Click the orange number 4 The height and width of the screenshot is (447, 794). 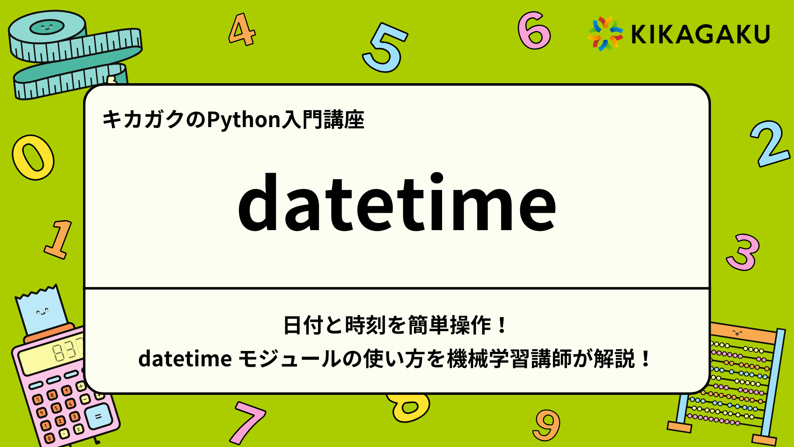[x=242, y=30]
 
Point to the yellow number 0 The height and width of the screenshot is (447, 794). [x=33, y=158]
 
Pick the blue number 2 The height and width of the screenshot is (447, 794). [x=769, y=144]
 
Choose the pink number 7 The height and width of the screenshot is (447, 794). [x=248, y=422]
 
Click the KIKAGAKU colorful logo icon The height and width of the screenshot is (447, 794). [x=605, y=34]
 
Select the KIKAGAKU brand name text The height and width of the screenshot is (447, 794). [x=700, y=34]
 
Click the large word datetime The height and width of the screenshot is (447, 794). [x=397, y=203]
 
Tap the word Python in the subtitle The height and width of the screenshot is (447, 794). [x=244, y=120]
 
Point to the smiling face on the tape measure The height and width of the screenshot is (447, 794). [x=47, y=28]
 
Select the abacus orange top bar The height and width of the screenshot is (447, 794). [x=744, y=333]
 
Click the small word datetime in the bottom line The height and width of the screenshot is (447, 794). [x=185, y=359]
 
